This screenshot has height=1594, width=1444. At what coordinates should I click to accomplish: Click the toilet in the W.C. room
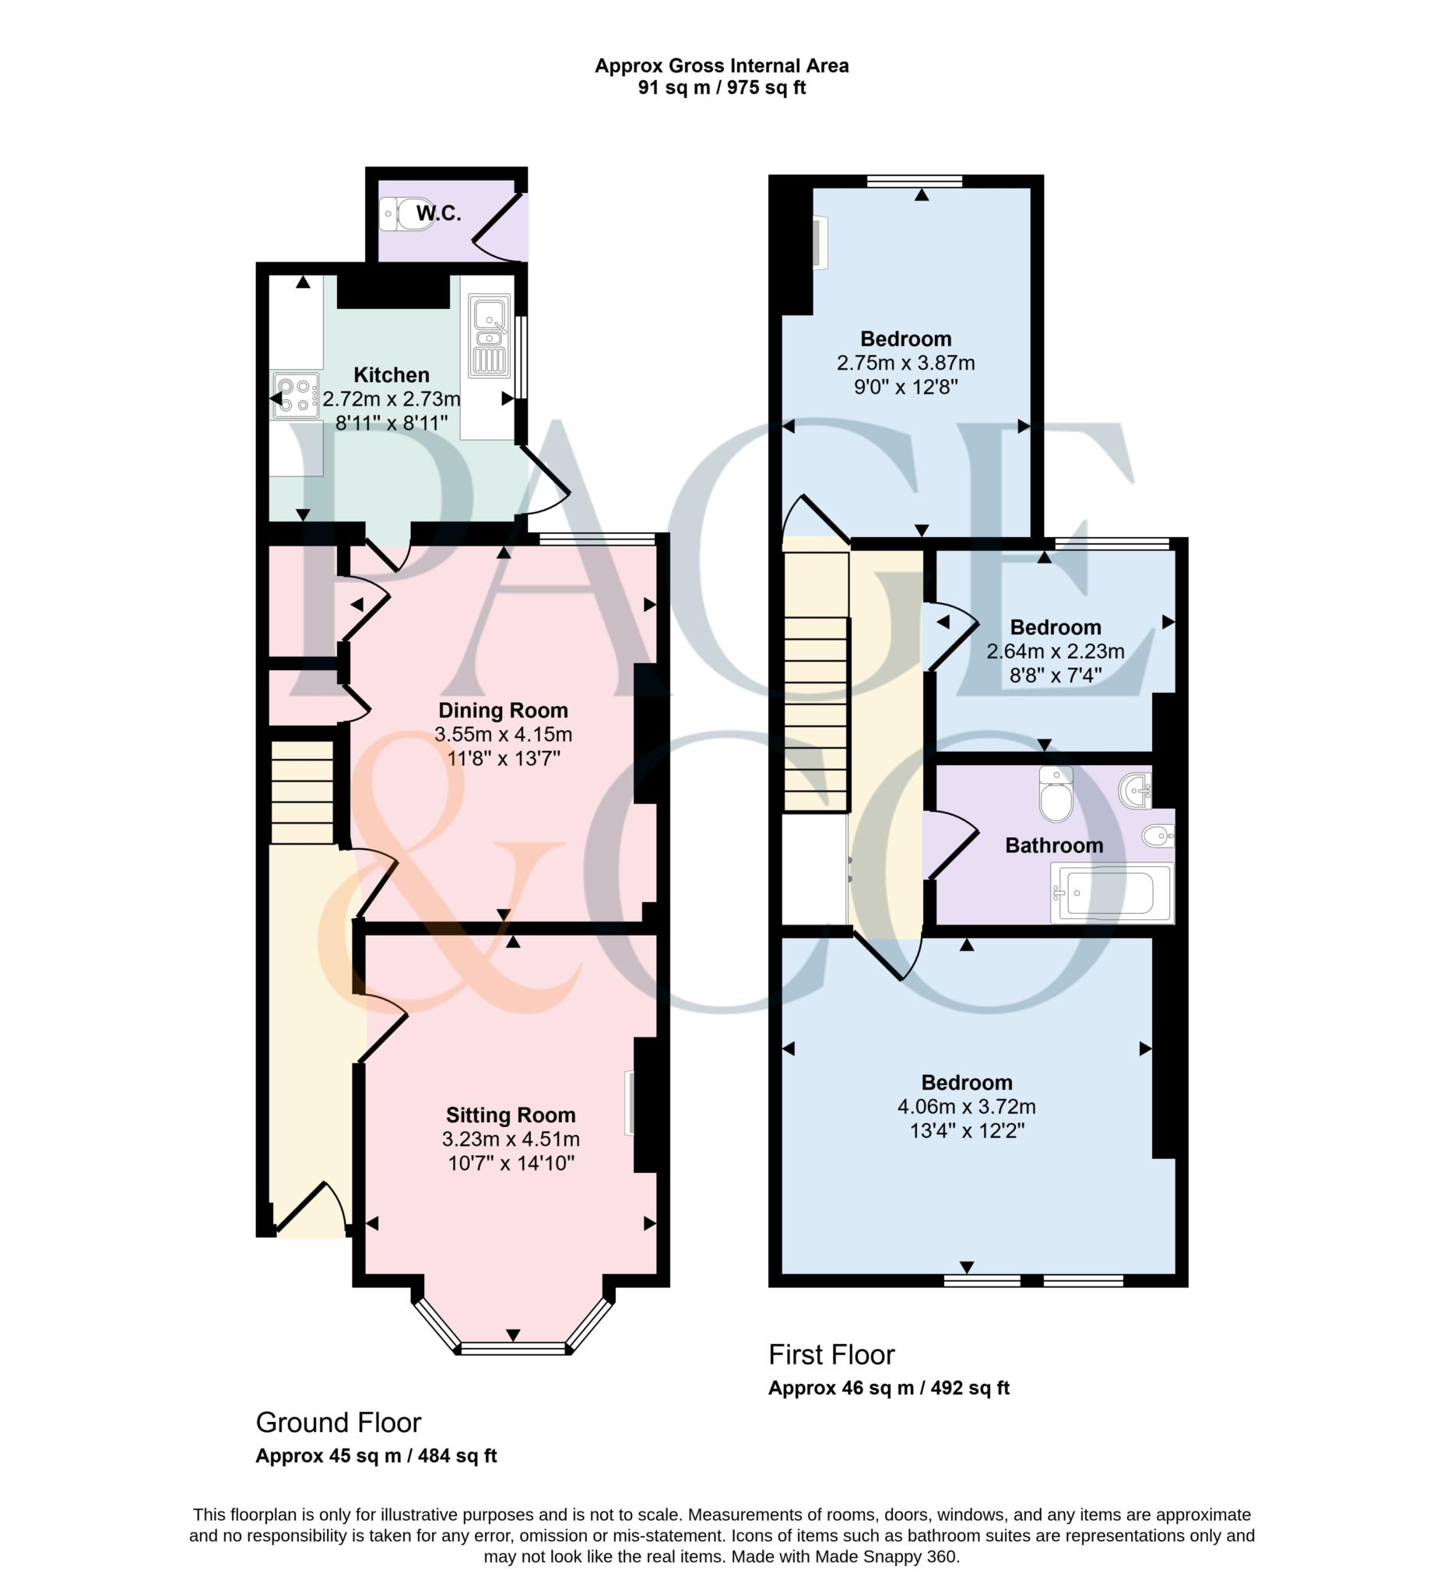point(406,213)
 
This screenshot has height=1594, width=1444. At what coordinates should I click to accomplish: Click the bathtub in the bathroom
point(1112,893)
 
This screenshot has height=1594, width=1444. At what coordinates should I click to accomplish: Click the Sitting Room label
point(511,1115)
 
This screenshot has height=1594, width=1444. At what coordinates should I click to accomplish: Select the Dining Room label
point(503,710)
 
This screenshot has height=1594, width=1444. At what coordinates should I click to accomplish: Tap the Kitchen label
point(392,375)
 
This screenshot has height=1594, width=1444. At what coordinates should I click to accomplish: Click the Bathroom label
point(1054,845)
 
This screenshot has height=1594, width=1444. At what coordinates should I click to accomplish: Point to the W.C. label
point(439,212)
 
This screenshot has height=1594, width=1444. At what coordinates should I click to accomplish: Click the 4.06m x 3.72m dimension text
point(966,1107)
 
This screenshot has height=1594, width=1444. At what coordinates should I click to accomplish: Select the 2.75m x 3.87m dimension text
point(905,363)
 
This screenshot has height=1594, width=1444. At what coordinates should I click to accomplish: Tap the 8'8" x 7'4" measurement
point(1056,676)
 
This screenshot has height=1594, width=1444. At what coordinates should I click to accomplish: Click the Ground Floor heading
point(339,1423)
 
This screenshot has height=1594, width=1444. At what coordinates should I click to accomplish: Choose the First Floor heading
point(832,1354)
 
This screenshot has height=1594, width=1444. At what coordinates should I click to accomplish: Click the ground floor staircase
point(302,792)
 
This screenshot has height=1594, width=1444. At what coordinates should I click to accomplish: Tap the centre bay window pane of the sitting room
point(512,1348)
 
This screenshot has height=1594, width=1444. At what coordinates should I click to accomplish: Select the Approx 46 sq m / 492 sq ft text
point(889,1388)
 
